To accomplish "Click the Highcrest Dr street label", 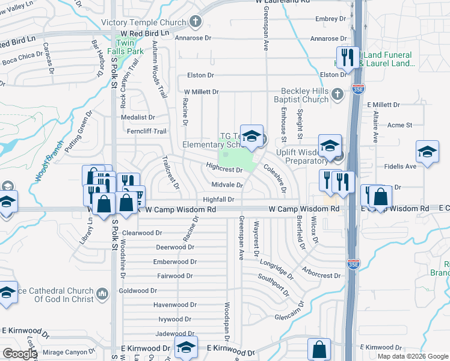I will point(223,170).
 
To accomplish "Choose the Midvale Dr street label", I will point(226,185).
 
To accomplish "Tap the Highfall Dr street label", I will point(218,199).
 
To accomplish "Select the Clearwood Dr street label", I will point(143,232).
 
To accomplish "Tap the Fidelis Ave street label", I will point(402,165).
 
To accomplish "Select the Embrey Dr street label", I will point(331,19).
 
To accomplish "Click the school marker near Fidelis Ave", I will point(427,152).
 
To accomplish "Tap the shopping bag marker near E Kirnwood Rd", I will point(319,349).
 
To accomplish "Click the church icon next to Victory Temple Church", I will point(194,23).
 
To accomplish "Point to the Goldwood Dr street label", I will point(138,291).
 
